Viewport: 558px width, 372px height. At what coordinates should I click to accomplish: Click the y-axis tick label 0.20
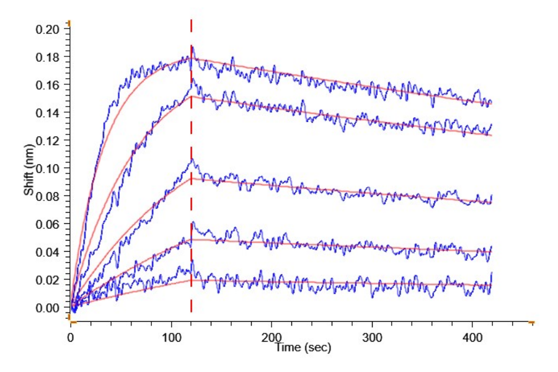coord(49,29)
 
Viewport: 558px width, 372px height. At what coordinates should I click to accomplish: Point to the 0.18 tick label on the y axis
coord(49,57)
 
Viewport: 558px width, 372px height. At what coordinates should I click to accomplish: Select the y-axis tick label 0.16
coord(49,85)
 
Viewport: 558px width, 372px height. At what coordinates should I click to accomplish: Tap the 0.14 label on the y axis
coord(49,113)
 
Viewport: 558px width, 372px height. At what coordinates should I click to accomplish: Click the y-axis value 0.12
coord(49,141)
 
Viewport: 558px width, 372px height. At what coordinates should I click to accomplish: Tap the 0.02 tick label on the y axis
coord(49,280)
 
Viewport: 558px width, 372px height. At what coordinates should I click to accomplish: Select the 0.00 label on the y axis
coord(49,308)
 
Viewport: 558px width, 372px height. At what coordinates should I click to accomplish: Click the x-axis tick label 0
coord(71,337)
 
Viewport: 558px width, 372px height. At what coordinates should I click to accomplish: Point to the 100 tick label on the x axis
coord(170,337)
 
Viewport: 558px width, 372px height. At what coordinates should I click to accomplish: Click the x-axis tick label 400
coord(472,337)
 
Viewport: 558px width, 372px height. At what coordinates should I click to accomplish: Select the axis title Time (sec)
coord(303,348)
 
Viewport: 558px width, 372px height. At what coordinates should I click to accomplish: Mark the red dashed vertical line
coord(191,186)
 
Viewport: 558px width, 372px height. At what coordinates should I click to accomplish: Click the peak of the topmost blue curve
coord(192,46)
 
